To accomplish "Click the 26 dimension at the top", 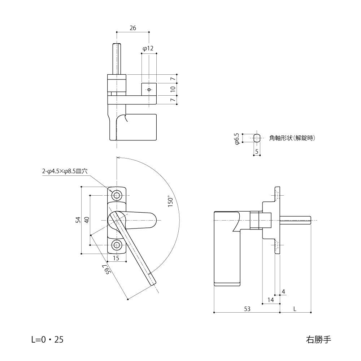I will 133,28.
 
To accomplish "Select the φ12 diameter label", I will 148,48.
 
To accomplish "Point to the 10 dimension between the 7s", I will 173,88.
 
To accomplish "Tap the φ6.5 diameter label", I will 237,138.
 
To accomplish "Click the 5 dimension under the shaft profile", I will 257,152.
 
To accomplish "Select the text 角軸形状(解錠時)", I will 292,138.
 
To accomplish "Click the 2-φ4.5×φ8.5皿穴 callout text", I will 65,172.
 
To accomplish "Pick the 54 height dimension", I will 78,220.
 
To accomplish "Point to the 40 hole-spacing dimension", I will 86,220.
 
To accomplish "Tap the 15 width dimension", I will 116,258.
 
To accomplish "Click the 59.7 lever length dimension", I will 106,270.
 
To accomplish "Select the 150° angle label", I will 171,201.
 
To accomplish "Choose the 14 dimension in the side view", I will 271,300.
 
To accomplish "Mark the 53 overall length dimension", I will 247,309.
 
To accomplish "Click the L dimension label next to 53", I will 295,309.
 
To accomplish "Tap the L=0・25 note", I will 47,339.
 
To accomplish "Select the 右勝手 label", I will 318,339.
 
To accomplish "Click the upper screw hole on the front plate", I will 117,195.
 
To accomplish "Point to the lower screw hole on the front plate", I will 117,245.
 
